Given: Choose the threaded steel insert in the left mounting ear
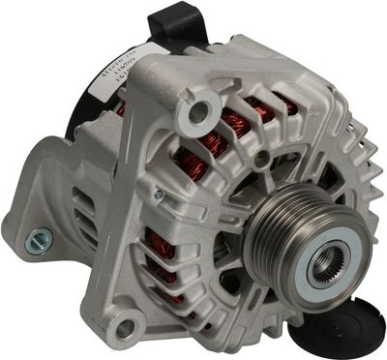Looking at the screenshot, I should tap(38, 235).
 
